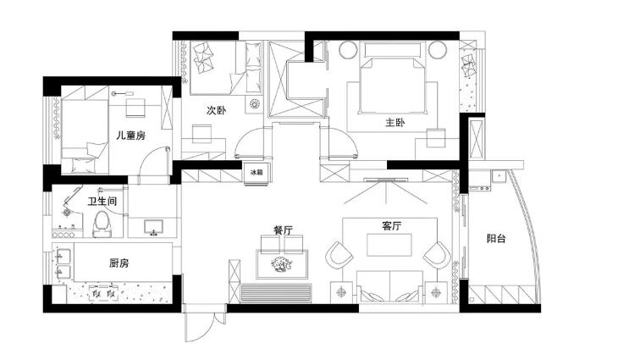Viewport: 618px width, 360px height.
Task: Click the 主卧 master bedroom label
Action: click(395, 123)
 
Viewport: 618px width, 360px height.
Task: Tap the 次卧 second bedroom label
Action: click(217, 110)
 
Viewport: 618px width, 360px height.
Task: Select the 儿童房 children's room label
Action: click(131, 136)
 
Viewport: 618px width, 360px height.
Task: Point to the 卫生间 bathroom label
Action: click(102, 202)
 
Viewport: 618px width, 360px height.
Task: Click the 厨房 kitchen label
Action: click(119, 263)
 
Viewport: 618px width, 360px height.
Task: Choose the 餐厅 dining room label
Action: click(283, 230)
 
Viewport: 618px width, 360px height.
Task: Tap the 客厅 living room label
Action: click(391, 226)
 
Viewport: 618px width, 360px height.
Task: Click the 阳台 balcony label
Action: click(496, 238)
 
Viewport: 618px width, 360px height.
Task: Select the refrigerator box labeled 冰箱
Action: click(257, 173)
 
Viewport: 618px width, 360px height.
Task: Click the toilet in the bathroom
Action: click(102, 224)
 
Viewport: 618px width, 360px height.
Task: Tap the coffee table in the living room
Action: click(389, 245)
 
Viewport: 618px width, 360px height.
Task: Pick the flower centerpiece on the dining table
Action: click(281, 264)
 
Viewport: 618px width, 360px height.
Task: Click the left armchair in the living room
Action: click(339, 255)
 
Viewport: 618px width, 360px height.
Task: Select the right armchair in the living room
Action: click(437, 255)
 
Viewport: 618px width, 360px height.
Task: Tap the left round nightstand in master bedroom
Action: click(348, 50)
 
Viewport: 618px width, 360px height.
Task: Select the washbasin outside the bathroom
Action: click(153, 228)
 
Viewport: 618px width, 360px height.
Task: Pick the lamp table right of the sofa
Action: click(436, 292)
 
